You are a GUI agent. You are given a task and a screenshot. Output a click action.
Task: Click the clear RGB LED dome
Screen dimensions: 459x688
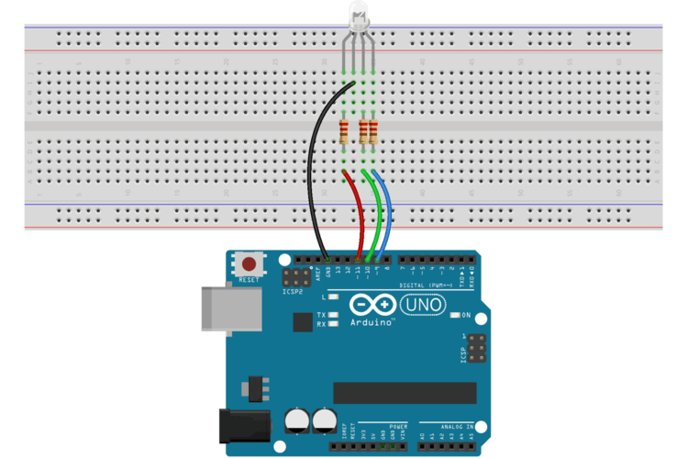click(358, 15)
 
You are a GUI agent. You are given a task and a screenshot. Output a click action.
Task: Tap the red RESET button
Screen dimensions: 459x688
click(249, 263)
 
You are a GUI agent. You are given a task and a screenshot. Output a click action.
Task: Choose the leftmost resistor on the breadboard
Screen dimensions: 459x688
click(344, 132)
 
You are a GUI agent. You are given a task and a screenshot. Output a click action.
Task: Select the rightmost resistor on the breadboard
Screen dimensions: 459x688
click(372, 132)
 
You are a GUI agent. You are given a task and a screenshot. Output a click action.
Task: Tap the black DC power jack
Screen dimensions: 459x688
click(244, 427)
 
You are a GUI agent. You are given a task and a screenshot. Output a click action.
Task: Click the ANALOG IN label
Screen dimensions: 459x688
click(456, 427)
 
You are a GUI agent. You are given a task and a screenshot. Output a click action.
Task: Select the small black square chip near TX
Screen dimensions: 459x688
click(302, 321)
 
